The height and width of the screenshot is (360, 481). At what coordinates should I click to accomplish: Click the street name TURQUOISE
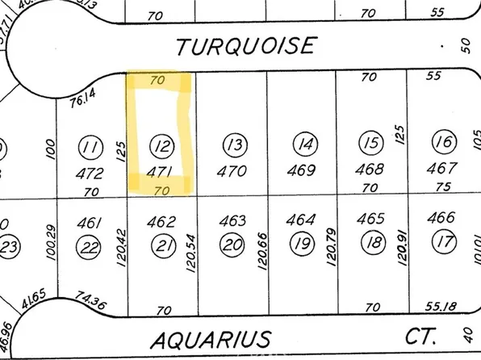pyautogui.click(x=245, y=46)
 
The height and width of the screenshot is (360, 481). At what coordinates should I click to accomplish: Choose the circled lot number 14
pyautogui.click(x=304, y=145)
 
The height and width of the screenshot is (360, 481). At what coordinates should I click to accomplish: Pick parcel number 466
pyautogui.click(x=441, y=218)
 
